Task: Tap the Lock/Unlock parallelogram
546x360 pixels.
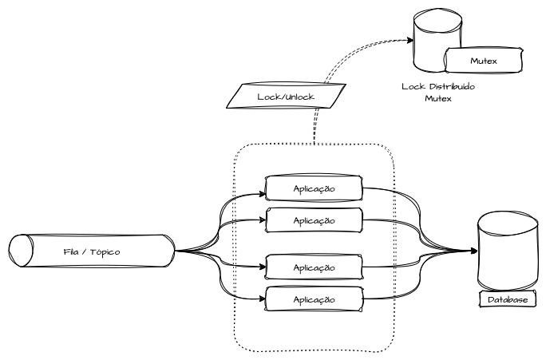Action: pos(287,97)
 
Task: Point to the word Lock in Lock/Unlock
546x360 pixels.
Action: pos(268,97)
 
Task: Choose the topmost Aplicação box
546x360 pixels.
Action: pos(314,188)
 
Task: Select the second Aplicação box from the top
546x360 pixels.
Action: pos(314,220)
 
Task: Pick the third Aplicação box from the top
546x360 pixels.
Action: pos(314,267)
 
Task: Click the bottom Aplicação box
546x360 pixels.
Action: pos(314,299)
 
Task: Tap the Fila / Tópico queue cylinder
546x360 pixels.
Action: pos(92,251)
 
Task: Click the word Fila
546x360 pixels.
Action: pos(70,251)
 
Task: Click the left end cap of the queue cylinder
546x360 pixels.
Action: pos(20,251)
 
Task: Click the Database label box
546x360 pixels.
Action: pos(507,300)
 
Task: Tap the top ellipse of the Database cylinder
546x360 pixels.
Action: pos(506,223)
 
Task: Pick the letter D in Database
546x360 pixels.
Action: pos(489,300)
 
